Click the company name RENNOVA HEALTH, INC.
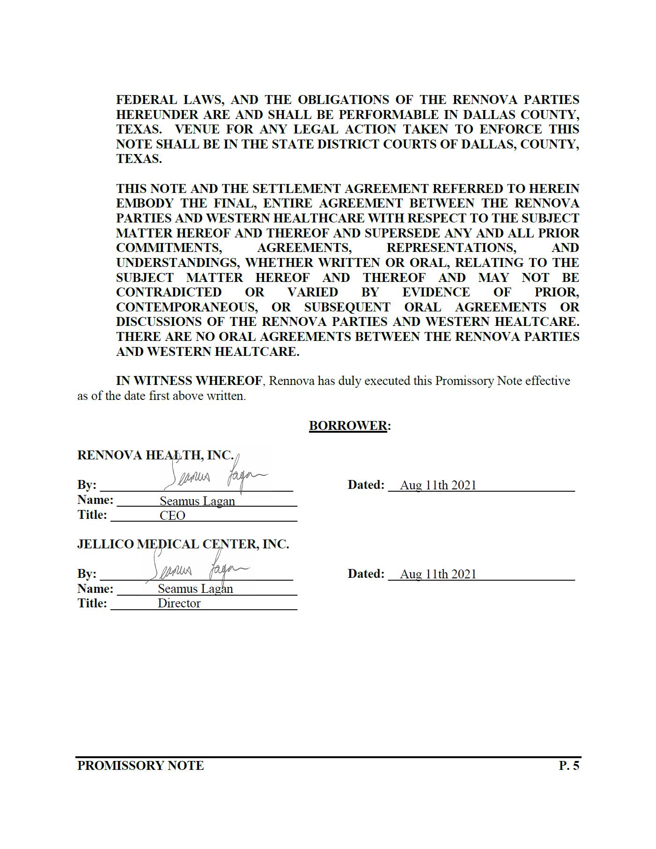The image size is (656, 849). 155,455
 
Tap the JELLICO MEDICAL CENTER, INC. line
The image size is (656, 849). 183,544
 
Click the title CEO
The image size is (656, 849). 172,516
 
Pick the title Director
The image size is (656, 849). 179,603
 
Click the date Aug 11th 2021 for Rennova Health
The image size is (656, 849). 438,485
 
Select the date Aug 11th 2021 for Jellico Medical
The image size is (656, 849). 438,574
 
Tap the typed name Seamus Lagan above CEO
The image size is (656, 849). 197,501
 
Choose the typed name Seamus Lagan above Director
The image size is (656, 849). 195,589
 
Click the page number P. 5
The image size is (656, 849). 569,766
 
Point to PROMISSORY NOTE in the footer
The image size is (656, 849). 140,766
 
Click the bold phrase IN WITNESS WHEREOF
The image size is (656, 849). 189,381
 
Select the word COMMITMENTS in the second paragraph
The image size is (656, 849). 169,248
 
